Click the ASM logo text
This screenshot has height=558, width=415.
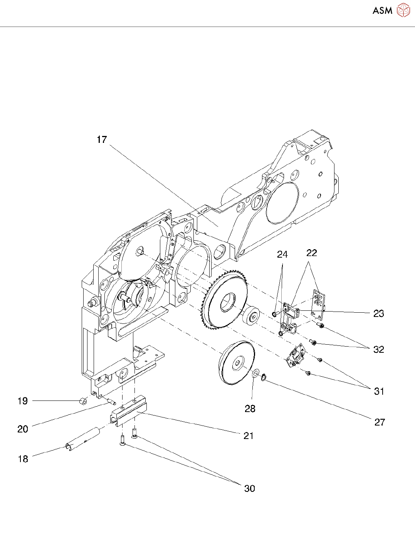382,10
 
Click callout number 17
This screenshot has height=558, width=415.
102,139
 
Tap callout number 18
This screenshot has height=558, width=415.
23,459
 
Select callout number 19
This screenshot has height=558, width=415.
23,401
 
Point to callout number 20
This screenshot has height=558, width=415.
23,429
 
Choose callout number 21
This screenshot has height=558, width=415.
249,436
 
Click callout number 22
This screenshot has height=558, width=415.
311,253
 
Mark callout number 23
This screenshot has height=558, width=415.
378,313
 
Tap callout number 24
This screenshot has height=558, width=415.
282,254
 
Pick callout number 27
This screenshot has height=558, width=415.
380,422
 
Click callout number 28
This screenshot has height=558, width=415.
250,409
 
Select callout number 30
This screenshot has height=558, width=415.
249,488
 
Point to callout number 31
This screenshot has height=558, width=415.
379,391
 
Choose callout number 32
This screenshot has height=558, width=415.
378,349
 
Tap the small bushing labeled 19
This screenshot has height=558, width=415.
82,401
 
